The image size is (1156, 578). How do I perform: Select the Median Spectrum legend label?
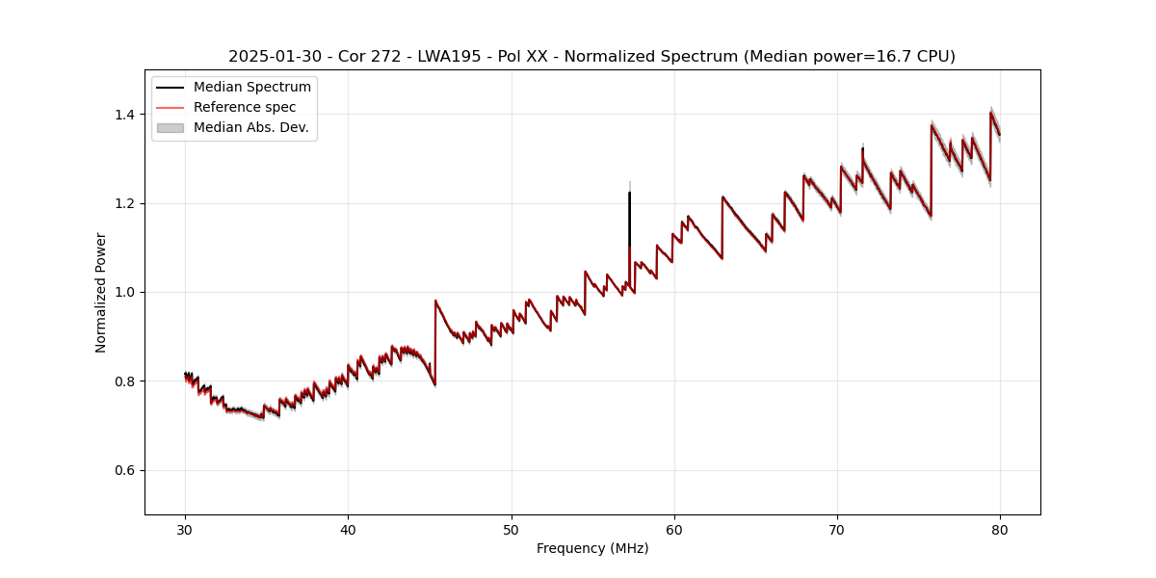tap(251, 88)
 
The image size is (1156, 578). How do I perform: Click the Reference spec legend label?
tap(245, 107)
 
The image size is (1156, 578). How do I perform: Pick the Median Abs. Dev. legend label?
tap(250, 127)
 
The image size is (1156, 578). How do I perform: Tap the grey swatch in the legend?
tap(171, 127)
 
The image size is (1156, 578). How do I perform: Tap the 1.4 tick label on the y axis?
tap(124, 115)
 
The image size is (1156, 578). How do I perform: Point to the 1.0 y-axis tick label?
tap(124, 292)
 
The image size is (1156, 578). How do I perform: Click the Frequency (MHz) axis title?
tap(592, 548)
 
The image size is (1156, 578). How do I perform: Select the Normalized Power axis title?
tap(101, 292)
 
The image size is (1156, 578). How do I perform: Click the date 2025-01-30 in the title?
tap(275, 57)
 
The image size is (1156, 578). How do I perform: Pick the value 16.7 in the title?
tap(884, 57)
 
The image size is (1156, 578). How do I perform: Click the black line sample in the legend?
tap(171, 88)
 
